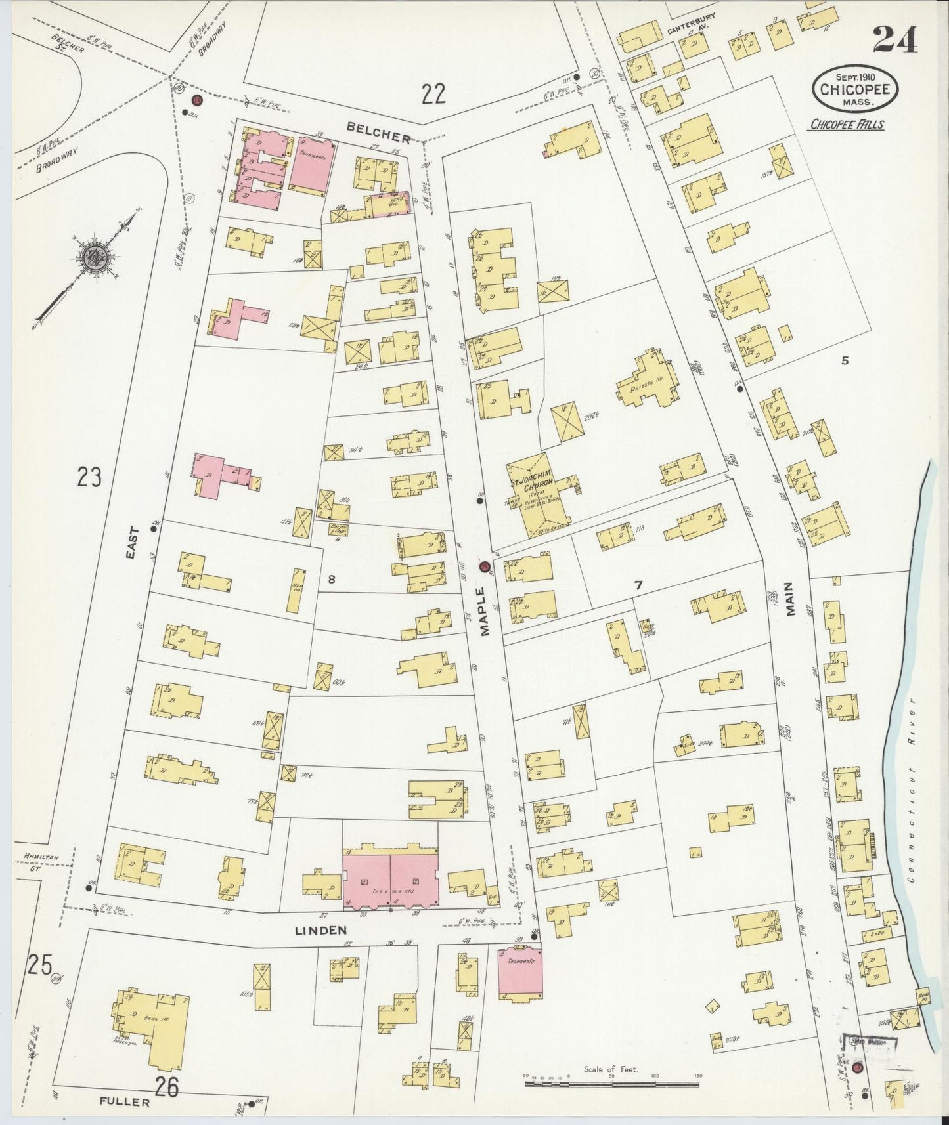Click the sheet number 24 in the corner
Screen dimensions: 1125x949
pos(894,41)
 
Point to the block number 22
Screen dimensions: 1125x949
pos(433,95)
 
